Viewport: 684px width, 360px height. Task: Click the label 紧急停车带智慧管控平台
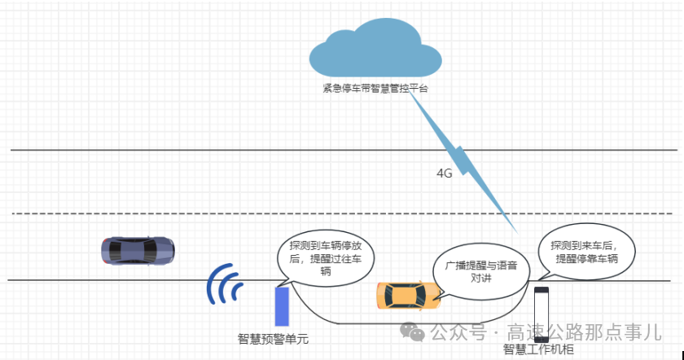pyautogui.click(x=374, y=89)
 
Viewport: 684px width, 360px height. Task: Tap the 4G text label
pyautogui.click(x=444, y=173)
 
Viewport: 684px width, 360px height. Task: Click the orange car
pyautogui.click(x=408, y=295)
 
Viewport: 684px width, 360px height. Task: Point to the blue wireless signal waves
pyautogui.click(x=224, y=284)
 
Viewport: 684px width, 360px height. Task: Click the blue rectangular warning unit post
pyautogui.click(x=282, y=307)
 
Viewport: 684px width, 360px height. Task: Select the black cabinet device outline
pyautogui.click(x=541, y=315)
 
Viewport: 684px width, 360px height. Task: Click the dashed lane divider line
pyautogui.click(x=244, y=214)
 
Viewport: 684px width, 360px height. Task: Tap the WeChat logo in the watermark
pyautogui.click(x=414, y=332)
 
